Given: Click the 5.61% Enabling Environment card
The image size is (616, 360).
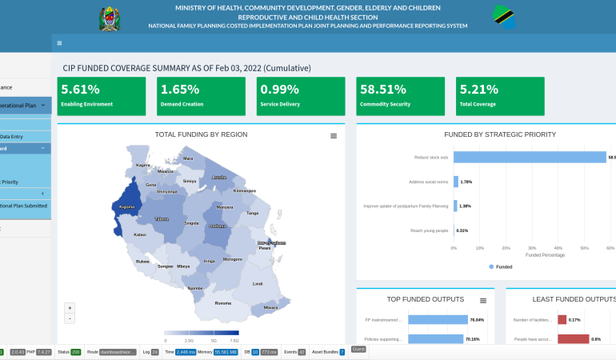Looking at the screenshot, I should pyautogui.click(x=101, y=96).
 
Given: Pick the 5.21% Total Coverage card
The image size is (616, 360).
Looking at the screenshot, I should pyautogui.click(x=500, y=96).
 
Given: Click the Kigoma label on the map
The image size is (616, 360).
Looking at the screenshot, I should pyautogui.click(x=126, y=206).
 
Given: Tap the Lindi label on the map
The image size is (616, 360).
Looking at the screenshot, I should pyautogui.click(x=258, y=283).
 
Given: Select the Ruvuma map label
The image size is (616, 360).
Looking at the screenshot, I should pyautogui.click(x=223, y=302).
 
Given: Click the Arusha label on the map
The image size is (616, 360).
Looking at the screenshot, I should pyautogui.click(x=218, y=177).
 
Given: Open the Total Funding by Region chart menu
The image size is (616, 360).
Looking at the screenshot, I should pyautogui.click(x=334, y=136).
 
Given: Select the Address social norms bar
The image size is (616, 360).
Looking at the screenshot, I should pyautogui.click(x=456, y=182).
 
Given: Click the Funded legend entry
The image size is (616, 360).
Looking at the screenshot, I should pyautogui.click(x=500, y=266).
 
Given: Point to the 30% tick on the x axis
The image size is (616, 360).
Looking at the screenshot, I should pyautogui.click(x=532, y=248).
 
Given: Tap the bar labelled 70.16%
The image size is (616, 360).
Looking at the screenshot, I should pyautogui.click(x=436, y=339).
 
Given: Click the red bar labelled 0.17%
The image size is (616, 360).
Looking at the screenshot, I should pyautogui.click(x=562, y=320).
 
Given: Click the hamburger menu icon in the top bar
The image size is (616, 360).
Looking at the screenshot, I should pyautogui.click(x=60, y=43).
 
